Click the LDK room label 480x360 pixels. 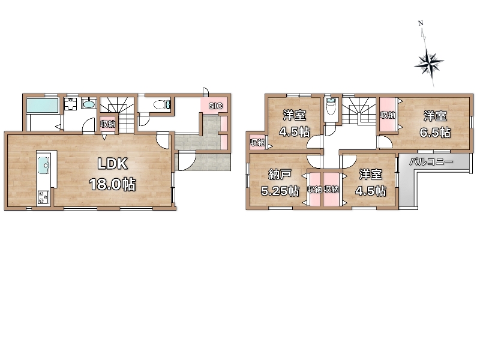tap(112, 164)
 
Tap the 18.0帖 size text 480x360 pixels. tap(112, 185)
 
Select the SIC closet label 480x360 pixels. tap(215, 106)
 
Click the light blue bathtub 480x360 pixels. tap(42, 106)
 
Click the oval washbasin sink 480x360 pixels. tap(89, 104)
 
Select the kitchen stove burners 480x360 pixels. tap(43, 197)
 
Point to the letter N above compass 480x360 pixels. tap(421, 23)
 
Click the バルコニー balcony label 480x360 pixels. tap(431, 161)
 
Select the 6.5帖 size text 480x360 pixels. tap(434, 133)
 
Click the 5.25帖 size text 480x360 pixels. tap(280, 191)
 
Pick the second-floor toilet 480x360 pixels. tap(331, 106)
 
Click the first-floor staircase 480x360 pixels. tap(118, 115)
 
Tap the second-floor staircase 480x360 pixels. tap(358, 111)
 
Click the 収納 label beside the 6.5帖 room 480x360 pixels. tap(388, 115)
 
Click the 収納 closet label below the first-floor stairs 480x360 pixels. tap(108, 124)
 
